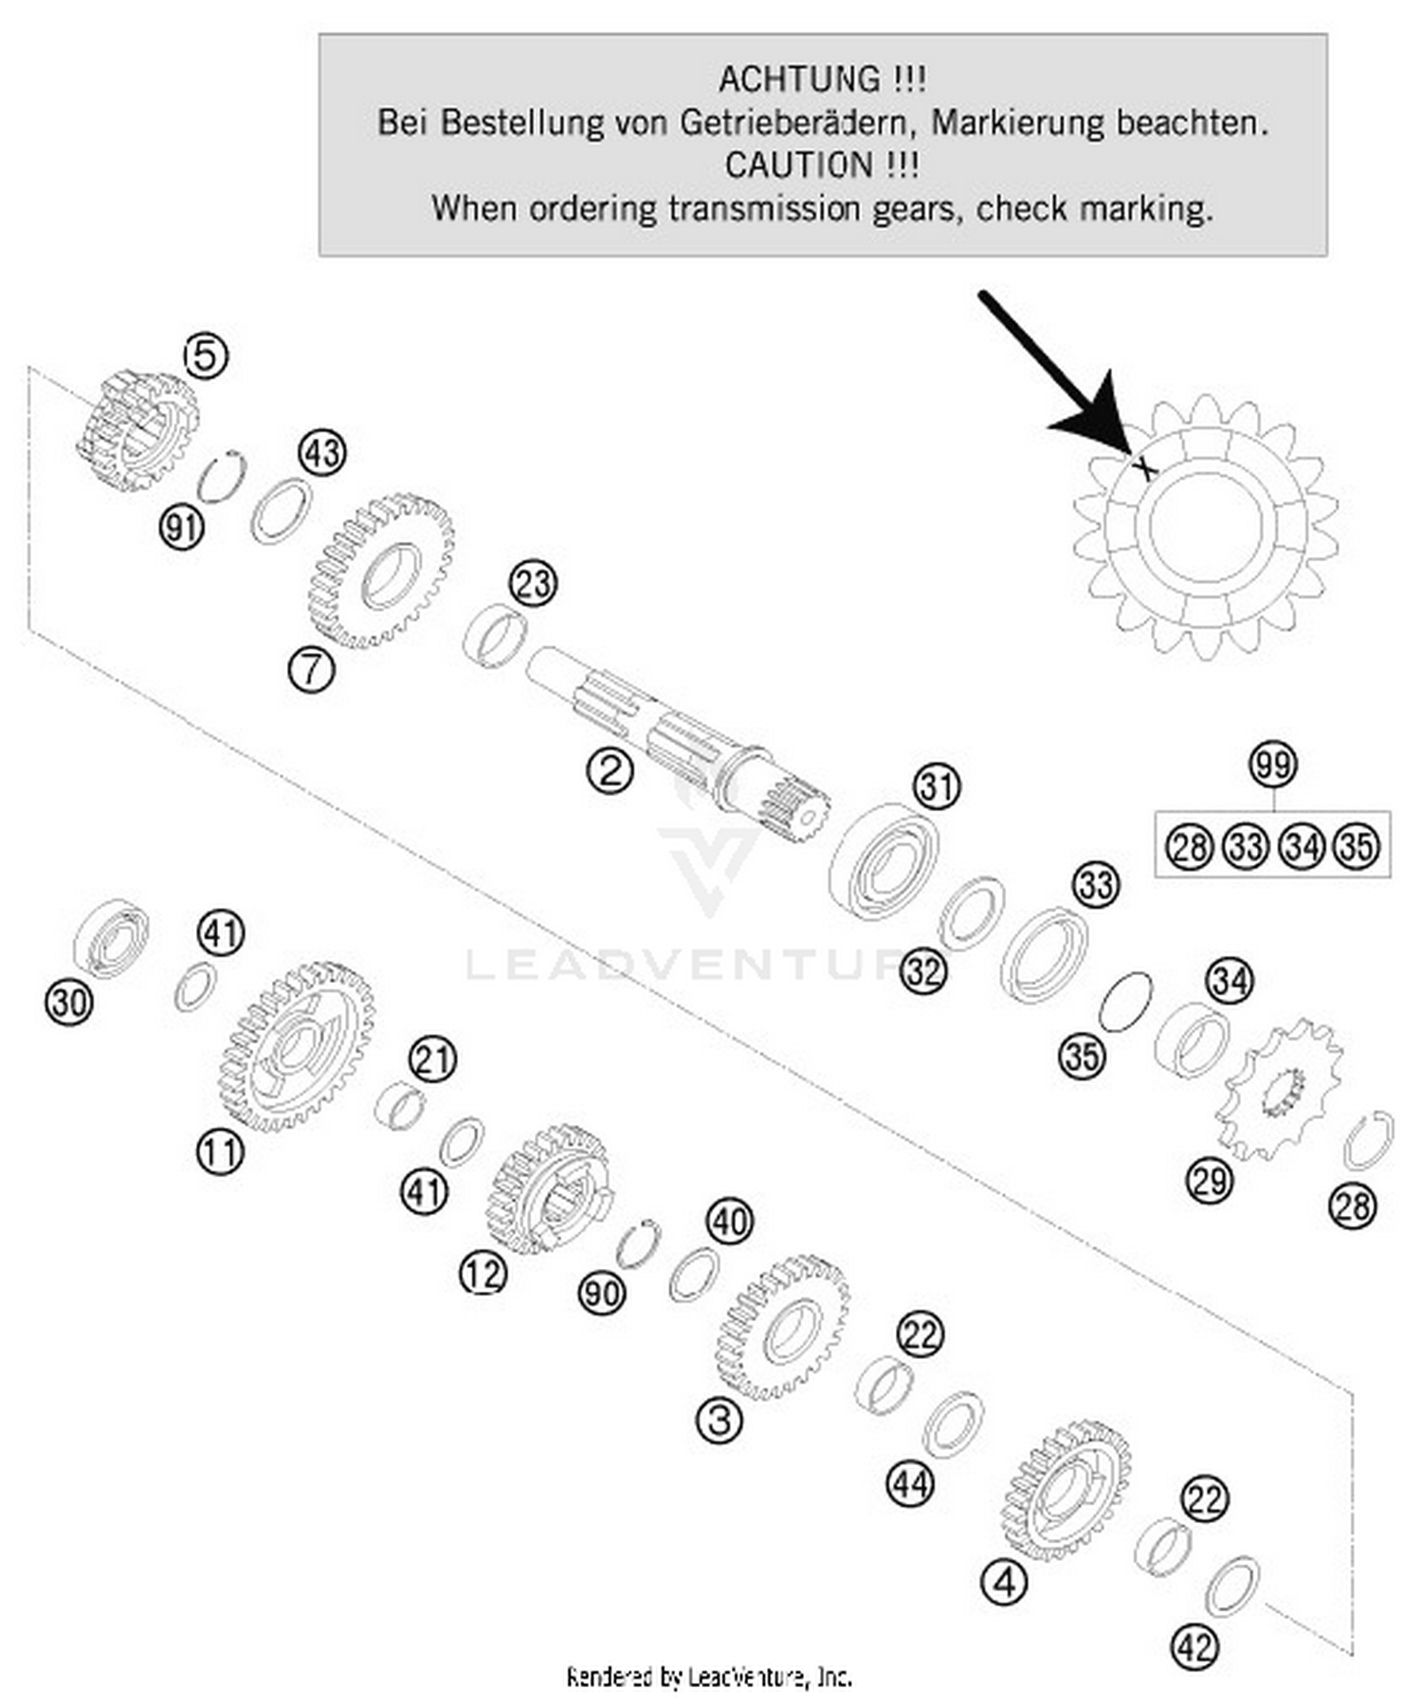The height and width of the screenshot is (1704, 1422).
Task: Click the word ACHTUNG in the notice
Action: (x=798, y=79)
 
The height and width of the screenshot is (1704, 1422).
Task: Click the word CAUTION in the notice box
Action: (x=798, y=165)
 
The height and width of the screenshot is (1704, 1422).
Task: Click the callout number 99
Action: (x=1272, y=764)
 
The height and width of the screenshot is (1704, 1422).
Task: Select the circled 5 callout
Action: (x=206, y=356)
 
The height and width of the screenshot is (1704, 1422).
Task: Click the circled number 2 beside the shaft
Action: (x=610, y=770)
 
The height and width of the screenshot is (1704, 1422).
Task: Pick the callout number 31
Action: (x=937, y=787)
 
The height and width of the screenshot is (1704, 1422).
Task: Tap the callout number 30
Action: (x=69, y=1002)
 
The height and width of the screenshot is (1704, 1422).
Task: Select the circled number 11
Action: (x=220, y=1152)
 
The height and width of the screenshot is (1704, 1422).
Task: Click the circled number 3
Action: (x=719, y=1421)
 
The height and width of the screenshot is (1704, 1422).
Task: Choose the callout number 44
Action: (x=909, y=1483)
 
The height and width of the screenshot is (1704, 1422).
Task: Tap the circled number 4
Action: (x=1005, y=1582)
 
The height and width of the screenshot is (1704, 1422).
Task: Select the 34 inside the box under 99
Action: (x=1303, y=845)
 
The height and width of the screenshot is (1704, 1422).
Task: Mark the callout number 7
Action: (x=312, y=670)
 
